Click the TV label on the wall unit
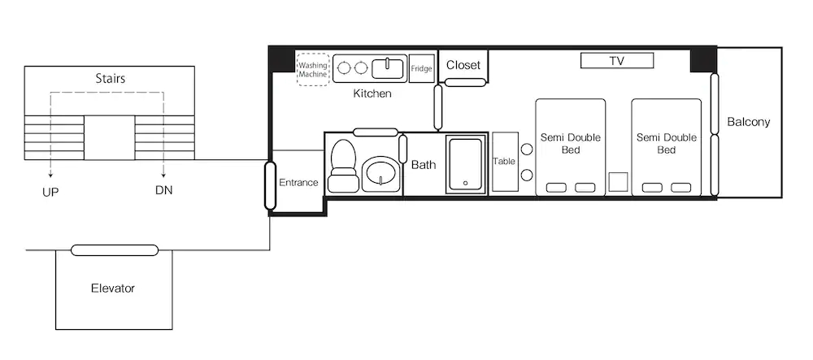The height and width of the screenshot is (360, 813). tap(616, 61)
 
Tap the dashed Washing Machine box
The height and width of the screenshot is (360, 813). tap(313, 69)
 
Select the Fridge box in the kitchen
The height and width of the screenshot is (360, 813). tap(421, 68)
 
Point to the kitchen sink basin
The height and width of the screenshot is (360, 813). tap(389, 67)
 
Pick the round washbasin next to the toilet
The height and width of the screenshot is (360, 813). tap(380, 174)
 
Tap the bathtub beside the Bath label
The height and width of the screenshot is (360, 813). tap(465, 163)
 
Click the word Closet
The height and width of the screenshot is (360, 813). tap(463, 65)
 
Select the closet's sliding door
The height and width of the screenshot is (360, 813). tap(466, 82)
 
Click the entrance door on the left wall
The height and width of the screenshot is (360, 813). tap(270, 185)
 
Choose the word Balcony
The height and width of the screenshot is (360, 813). tap(748, 122)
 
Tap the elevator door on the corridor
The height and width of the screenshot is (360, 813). tap(115, 250)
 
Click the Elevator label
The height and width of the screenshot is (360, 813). tap(113, 288)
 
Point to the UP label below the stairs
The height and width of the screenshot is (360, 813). tap(50, 192)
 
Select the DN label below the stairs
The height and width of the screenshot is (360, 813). tap(164, 190)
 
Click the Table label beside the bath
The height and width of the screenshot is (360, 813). tap(504, 161)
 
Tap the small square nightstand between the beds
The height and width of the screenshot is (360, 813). tap(618, 182)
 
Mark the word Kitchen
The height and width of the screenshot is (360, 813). tap(372, 93)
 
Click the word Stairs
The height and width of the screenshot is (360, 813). tap(111, 79)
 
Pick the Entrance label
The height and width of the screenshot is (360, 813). tap(298, 182)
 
